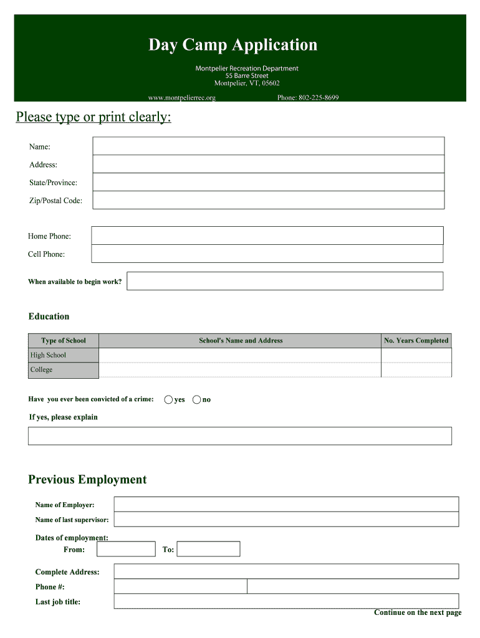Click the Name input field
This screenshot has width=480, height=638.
click(x=268, y=146)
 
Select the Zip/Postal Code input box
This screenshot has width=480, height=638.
click(x=268, y=200)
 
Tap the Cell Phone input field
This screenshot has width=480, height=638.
click(x=267, y=254)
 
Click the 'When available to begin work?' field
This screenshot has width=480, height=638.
click(x=285, y=281)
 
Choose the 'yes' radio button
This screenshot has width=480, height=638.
click(x=168, y=399)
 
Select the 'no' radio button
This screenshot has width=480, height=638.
click(x=197, y=399)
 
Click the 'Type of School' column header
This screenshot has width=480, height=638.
click(x=64, y=340)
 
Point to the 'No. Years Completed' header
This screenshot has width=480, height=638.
click(x=416, y=340)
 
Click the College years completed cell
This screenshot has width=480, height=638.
click(x=416, y=369)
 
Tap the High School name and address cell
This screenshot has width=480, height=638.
click(x=240, y=355)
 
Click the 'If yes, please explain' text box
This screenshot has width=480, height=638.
click(x=240, y=436)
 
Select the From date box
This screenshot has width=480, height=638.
click(x=126, y=549)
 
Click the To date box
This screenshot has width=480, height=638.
click(x=210, y=549)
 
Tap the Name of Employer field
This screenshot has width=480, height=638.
click(x=286, y=504)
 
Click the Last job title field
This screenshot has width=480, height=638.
click(x=286, y=601)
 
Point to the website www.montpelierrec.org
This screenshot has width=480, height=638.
click(x=181, y=98)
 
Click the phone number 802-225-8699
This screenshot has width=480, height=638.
click(x=308, y=98)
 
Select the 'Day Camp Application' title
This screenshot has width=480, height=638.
click(x=233, y=45)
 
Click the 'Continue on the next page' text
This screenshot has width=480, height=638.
click(x=418, y=612)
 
